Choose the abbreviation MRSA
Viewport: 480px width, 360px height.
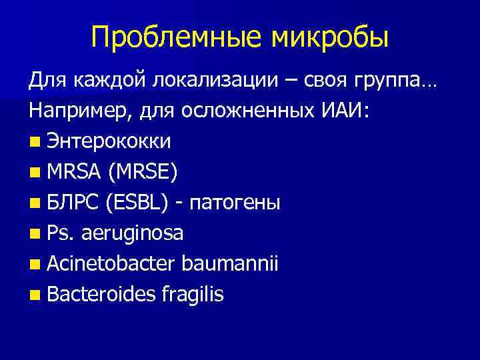[x=72, y=173]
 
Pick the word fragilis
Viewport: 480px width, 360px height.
[x=191, y=295]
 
